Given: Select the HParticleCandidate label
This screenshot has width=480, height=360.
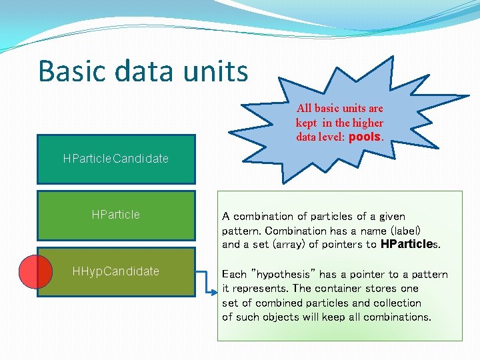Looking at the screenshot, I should pos(115,159).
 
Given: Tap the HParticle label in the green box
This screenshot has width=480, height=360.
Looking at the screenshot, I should pos(115,215).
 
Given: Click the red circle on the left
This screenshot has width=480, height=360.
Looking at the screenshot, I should pos(35,272).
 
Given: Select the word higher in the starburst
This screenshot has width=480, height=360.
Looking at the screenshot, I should pos(368,123).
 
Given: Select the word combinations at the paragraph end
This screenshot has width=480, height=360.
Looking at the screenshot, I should pos(396,317).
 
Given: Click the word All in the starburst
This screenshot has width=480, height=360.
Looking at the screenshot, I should pos(304,108).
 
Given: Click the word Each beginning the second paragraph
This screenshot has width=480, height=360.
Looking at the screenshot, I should pos(234,275).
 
